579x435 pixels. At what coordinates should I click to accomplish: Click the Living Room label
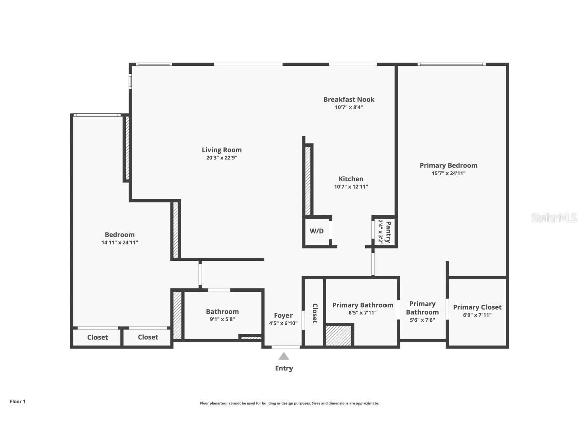pyautogui.click(x=221, y=150)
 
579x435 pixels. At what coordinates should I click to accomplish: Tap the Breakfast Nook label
pyautogui.click(x=349, y=99)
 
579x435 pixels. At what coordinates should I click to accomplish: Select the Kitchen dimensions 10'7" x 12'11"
pyautogui.click(x=351, y=187)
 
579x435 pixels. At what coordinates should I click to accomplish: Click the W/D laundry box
pyautogui.click(x=316, y=232)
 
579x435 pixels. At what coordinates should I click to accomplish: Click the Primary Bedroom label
pyautogui.click(x=448, y=165)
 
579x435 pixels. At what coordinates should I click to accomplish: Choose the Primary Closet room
pyautogui.click(x=477, y=311)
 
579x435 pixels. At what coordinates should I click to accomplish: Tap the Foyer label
pyautogui.click(x=283, y=315)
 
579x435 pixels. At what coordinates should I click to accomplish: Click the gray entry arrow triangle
pyautogui.click(x=284, y=356)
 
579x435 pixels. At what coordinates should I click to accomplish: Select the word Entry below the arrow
pyautogui.click(x=284, y=368)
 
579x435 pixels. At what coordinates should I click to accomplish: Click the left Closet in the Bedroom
pyautogui.click(x=98, y=337)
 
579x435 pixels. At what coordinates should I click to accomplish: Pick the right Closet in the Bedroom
pyautogui.click(x=148, y=337)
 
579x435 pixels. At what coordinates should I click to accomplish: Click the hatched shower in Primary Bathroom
pyautogui.click(x=339, y=336)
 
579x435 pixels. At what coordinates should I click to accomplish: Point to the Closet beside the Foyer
pyautogui.click(x=315, y=313)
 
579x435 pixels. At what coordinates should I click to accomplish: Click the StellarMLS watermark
pyautogui.click(x=554, y=218)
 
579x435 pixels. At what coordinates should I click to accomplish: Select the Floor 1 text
pyautogui.click(x=17, y=401)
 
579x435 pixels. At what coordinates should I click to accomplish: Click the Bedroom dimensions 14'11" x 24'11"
pyautogui.click(x=119, y=242)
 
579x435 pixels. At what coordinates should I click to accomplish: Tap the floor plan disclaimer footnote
pyautogui.click(x=289, y=403)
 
